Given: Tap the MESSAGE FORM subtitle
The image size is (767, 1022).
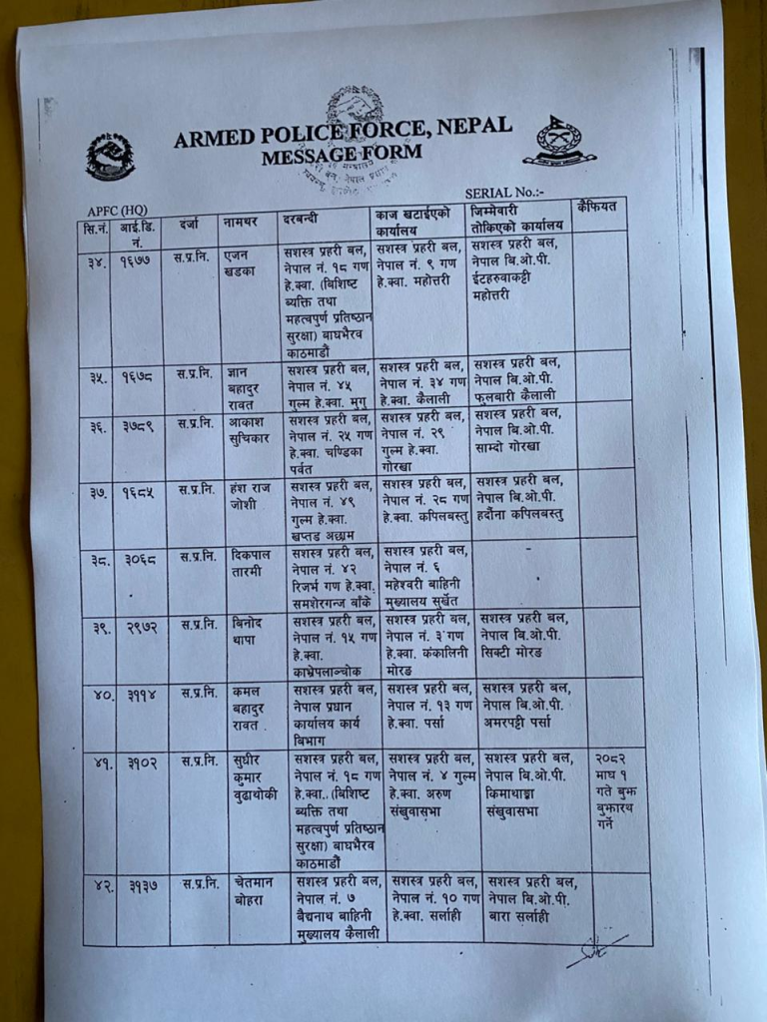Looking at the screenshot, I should coord(342,155).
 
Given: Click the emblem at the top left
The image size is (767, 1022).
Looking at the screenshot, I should coord(110,156).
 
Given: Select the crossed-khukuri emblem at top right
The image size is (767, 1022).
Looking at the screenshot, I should coord(559,141).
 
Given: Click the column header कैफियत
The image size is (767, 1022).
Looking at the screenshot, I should coord(597,210).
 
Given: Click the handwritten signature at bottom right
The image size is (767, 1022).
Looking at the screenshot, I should coord(595,949).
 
